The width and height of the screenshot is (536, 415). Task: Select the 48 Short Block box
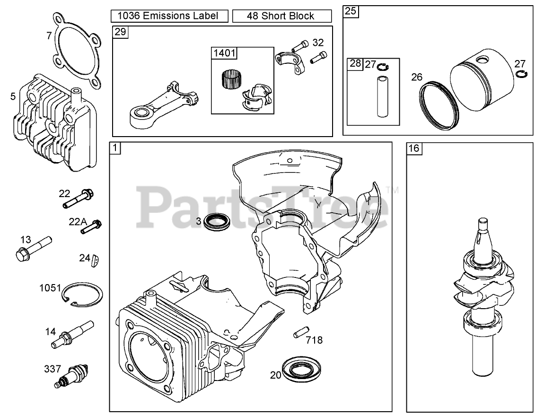[281, 16]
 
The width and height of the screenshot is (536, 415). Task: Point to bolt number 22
[78, 199]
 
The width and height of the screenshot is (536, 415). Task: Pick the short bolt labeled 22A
[92, 226]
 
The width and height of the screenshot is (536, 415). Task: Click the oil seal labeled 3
[217, 221]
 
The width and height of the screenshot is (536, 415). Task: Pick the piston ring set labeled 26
[440, 104]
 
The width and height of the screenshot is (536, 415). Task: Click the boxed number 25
[350, 11]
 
